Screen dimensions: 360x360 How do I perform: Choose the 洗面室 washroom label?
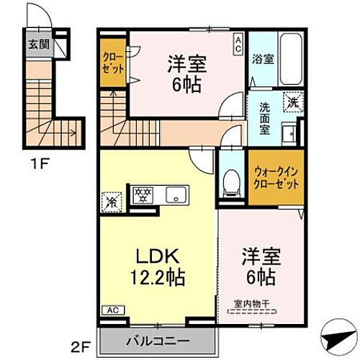tap(266, 119)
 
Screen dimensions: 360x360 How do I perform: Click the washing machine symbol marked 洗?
tap(292, 102)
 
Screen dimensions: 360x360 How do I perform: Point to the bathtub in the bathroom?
tap(289, 57)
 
